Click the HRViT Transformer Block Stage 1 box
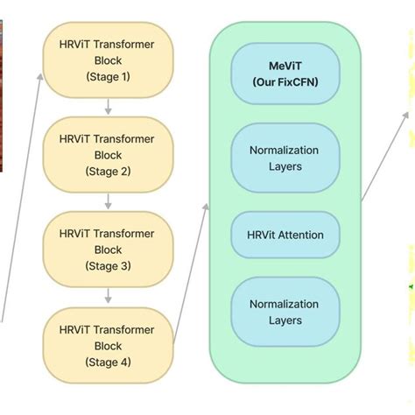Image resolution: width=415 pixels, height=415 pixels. coord(108,60)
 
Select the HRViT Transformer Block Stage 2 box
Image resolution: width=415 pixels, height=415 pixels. coord(108,155)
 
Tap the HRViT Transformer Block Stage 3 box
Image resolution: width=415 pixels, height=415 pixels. coord(108,250)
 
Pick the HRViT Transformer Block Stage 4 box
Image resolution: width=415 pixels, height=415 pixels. coord(108,344)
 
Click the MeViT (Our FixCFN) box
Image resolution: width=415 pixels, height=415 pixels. coord(285,74)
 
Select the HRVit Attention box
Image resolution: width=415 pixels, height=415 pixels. coord(285,235)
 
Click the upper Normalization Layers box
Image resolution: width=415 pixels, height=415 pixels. coord(285,158)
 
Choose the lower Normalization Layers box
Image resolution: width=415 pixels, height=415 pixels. coord(285,313)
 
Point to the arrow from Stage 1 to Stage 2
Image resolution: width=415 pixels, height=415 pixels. coord(108,108)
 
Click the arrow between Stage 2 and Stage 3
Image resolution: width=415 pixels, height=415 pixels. coord(108,202)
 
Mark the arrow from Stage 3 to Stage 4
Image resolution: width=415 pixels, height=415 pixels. coord(108,297)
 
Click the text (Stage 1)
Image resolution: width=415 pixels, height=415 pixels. coord(108,77)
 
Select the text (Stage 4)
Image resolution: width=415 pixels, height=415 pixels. coord(108,362)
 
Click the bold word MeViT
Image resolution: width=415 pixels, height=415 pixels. coord(285,67)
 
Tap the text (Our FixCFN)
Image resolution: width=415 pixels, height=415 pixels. coord(285,83)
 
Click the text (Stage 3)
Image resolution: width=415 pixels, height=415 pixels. coord(108,266)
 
